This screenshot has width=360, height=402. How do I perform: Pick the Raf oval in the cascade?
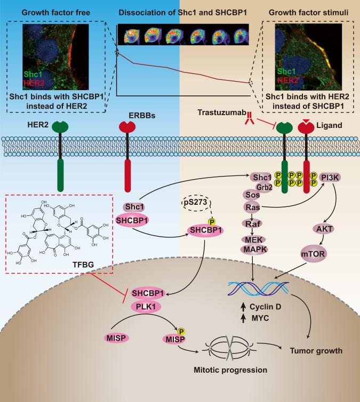point(265,224)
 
